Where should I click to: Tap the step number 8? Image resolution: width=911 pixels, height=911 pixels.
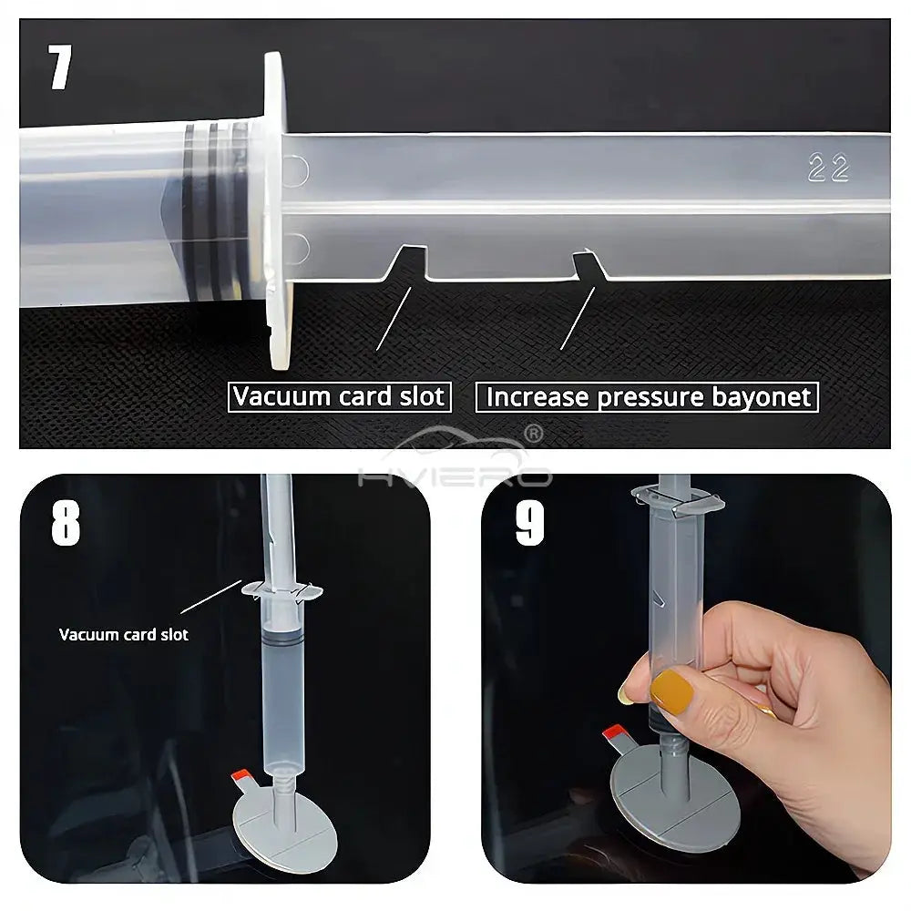(66, 523)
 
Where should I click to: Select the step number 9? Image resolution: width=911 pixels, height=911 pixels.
(530, 523)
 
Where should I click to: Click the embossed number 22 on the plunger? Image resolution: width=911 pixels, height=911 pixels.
(828, 168)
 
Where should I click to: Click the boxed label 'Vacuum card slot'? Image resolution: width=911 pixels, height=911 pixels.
(339, 397)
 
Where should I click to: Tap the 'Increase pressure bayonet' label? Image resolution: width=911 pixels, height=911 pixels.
(647, 397)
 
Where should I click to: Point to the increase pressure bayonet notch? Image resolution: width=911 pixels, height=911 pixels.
(589, 265)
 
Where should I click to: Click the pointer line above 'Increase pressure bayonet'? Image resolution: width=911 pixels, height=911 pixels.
(578, 318)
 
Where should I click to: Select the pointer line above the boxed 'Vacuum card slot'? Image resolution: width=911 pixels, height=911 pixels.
(394, 318)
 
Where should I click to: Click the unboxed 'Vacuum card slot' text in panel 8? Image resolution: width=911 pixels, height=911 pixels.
(124, 634)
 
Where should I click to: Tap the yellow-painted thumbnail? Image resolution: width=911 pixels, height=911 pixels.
(671, 692)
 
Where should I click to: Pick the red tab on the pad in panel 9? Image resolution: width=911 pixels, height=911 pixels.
(613, 732)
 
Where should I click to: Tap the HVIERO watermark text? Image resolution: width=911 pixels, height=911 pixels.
(455, 476)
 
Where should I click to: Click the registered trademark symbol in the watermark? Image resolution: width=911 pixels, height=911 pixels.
(533, 434)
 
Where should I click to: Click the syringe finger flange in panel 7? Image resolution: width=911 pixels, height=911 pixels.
(277, 210)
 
